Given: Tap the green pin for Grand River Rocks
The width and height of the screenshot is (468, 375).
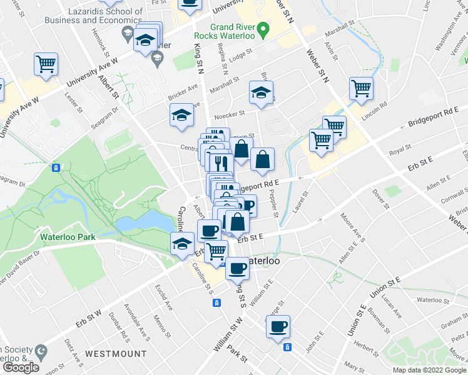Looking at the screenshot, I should (263, 29).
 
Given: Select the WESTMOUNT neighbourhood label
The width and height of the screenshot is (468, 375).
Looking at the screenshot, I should (111, 354).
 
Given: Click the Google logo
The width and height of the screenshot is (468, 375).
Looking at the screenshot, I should (21, 367).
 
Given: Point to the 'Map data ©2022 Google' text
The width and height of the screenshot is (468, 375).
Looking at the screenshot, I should (429, 370).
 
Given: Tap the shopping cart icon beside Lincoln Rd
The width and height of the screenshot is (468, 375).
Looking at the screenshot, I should (361, 89).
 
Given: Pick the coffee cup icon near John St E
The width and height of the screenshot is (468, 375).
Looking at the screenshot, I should (278, 326).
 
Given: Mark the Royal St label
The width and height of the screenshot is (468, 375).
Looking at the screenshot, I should (400, 149).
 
